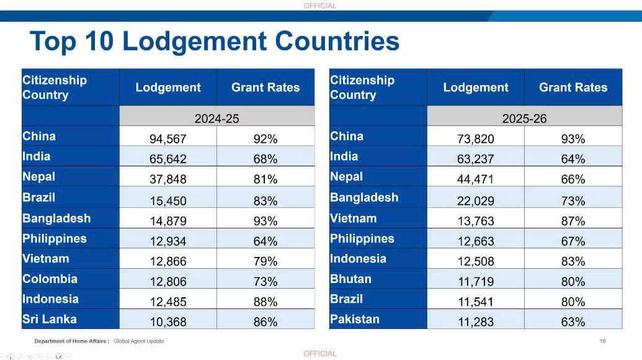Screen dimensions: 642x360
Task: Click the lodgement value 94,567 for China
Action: pos(168,139)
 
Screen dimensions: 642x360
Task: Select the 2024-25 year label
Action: pos(216,119)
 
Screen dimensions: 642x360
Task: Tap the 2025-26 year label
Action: pos(525,119)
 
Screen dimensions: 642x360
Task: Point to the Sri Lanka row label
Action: pos(50,319)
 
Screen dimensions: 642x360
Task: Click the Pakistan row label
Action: pos(355,319)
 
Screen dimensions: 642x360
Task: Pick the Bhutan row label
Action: pos(350,279)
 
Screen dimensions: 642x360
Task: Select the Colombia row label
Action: pos(50,279)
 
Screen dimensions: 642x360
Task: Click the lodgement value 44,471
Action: pos(476,179)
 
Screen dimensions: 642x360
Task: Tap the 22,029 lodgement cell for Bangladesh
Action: pos(476,200)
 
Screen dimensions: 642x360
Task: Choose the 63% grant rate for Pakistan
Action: pos(573,322)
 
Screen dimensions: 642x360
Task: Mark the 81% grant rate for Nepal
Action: pos(265,179)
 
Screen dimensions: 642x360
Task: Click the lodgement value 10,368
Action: pos(168,322)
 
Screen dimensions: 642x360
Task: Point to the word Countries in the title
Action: pos(337,42)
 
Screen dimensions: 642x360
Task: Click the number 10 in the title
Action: pos(99,42)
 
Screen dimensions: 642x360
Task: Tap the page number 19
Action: pos(603,341)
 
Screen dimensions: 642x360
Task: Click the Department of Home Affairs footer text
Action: pos(70,341)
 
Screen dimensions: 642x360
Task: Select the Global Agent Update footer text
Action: pos(138,341)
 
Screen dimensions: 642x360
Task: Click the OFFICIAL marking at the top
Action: pos(320,6)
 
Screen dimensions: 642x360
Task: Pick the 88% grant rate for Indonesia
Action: pos(265,302)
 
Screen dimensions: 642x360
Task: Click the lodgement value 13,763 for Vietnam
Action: pos(476,221)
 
